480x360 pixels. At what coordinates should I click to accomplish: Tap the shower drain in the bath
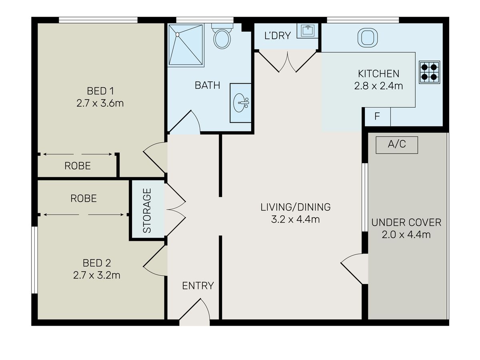click(177, 34)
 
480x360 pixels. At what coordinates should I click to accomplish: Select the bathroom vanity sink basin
click(241, 103)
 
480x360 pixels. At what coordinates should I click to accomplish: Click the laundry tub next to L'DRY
click(308, 31)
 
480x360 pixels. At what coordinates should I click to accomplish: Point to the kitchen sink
click(368, 37)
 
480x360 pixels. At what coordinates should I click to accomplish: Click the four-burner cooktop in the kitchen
click(429, 72)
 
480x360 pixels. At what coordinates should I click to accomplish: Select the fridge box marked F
click(377, 116)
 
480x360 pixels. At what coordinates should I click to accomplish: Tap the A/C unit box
click(397, 145)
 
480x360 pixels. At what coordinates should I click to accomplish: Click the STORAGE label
click(147, 210)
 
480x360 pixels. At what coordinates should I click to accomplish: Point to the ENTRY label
click(198, 286)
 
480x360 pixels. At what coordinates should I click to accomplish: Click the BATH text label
click(207, 85)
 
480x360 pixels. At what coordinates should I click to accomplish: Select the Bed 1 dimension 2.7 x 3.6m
click(100, 103)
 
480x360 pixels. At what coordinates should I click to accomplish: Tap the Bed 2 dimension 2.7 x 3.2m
click(97, 275)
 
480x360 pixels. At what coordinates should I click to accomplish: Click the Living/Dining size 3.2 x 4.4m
click(296, 219)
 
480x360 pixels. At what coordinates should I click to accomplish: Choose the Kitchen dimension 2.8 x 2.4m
click(378, 86)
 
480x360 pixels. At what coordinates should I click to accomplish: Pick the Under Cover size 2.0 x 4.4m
click(406, 235)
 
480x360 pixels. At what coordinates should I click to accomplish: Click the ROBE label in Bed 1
click(78, 166)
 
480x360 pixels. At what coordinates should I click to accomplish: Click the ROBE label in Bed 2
click(84, 198)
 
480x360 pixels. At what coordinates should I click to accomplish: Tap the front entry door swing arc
click(206, 308)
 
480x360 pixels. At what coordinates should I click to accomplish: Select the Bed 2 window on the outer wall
click(34, 260)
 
